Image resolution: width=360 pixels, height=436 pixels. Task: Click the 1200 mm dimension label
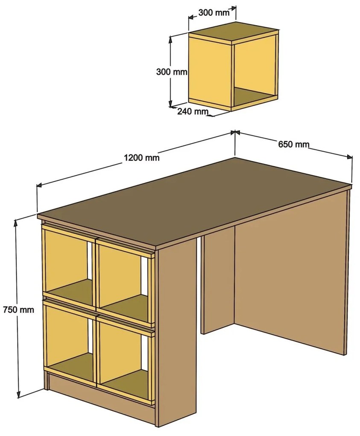click(x=142, y=158)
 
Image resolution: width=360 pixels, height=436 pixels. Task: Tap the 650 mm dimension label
click(x=294, y=144)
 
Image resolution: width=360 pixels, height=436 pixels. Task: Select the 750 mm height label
click(x=18, y=309)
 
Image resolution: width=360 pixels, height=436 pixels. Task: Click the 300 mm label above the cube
click(x=214, y=12)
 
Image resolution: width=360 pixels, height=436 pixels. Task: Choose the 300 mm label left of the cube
click(x=172, y=72)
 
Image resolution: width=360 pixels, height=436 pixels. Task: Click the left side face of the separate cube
click(x=210, y=71)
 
